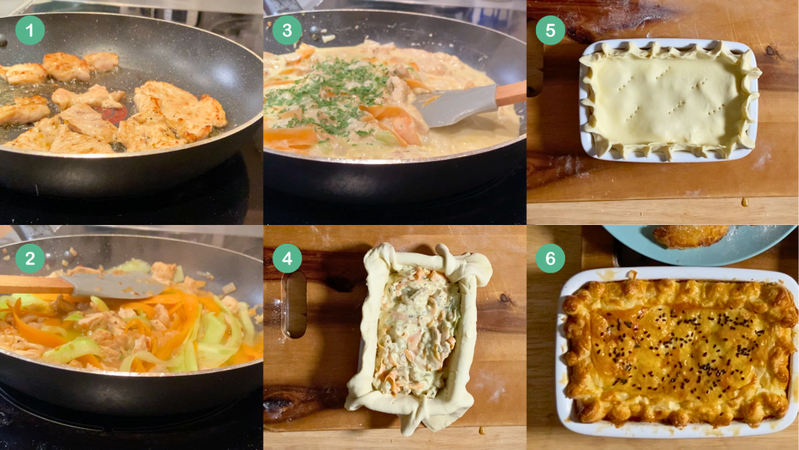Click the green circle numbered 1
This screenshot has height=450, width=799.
click(x=30, y=30)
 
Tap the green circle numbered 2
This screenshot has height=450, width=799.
click(x=30, y=258)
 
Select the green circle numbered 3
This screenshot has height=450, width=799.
click(x=287, y=30)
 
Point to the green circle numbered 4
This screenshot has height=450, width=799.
click(x=287, y=258)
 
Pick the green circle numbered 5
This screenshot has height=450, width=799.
click(x=550, y=30)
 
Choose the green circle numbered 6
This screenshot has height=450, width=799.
click(x=550, y=258)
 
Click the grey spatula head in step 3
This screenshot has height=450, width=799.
click(x=455, y=105)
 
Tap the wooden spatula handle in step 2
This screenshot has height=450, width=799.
click(x=36, y=284)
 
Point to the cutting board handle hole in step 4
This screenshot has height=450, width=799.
click(x=294, y=305)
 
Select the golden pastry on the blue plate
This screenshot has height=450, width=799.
click(x=691, y=236)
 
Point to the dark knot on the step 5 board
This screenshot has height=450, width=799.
click(x=770, y=51)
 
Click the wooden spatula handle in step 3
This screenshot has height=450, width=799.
click(x=510, y=94)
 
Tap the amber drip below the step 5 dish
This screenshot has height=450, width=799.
click(x=744, y=202)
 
